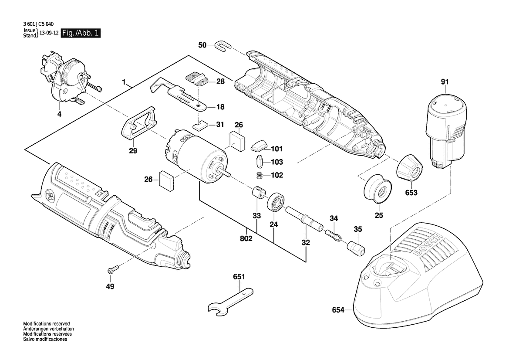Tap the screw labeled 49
[x=112, y=270]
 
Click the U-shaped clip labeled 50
[x=223, y=45]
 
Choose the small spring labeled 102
[x=260, y=176]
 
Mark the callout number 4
[x=59, y=114]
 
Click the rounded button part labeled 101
[x=260, y=145]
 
